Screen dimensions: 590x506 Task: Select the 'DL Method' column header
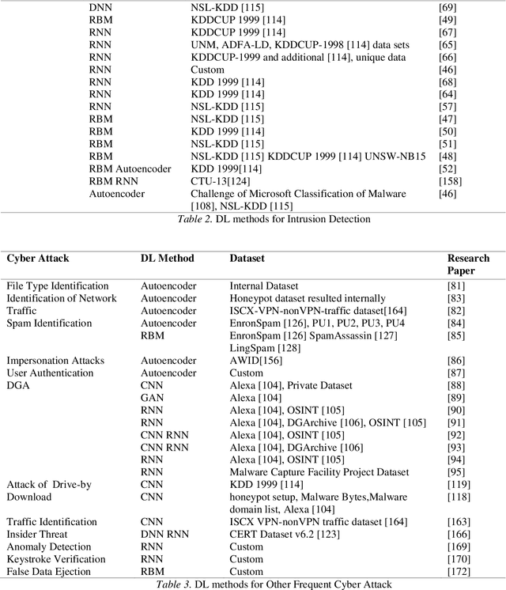pyautogui.click(x=167, y=259)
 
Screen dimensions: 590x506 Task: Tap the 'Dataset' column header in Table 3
pyautogui.click(x=247, y=259)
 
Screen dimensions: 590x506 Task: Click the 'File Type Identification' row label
pyautogui.click(x=58, y=286)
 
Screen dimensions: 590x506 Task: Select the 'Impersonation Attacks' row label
pyautogui.click(x=52, y=360)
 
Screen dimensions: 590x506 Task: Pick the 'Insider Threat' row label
pyautogui.click(x=36, y=534)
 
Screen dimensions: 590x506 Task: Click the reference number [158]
pyautogui.click(x=449, y=180)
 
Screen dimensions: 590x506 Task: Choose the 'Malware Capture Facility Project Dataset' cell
pyautogui.click(x=319, y=471)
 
